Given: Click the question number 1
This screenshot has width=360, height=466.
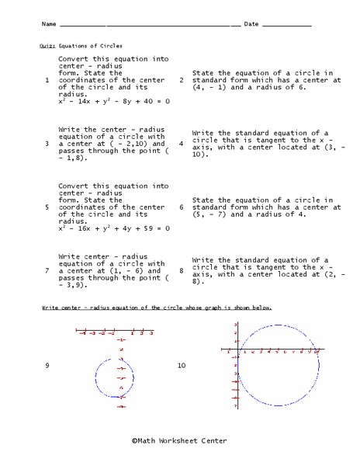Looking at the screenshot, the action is tap(47, 80).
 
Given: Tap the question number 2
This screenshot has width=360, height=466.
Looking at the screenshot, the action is tap(181, 80).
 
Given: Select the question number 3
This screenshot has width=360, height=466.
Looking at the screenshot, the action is tap(47, 144).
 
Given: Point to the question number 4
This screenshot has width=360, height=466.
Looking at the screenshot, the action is tap(181, 144).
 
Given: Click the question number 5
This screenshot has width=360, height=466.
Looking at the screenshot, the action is tap(47, 207).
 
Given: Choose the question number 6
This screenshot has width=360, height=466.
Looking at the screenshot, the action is tap(181, 207).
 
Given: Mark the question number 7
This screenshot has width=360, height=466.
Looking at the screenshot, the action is tap(47, 270).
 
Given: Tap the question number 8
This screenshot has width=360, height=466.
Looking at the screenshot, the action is tap(181, 270).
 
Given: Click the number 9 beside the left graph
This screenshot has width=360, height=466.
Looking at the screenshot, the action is tap(47, 364).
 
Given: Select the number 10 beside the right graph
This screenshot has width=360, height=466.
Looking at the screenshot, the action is tap(182, 364).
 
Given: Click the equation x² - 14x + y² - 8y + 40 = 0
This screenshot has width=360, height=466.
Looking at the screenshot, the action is tap(114, 101).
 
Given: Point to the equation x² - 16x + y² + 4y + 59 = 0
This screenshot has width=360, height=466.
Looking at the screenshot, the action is tap(114, 228).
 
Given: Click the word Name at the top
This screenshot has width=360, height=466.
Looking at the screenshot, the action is tap(49, 25).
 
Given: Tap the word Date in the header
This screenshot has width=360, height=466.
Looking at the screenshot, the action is tap(251, 25).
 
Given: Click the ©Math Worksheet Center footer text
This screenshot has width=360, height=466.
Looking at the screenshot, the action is tap(179, 440).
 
